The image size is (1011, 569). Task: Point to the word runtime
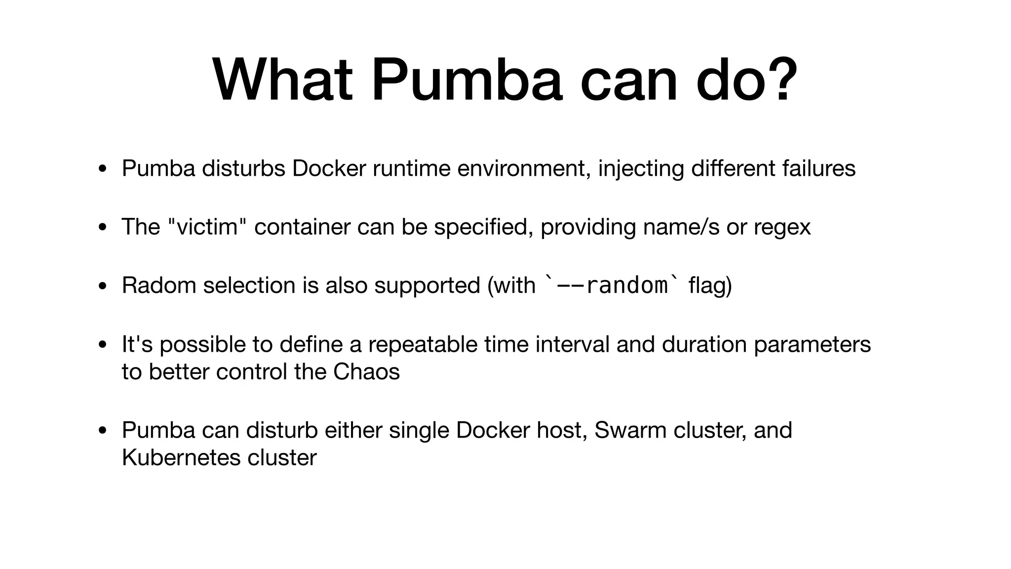tap(412, 168)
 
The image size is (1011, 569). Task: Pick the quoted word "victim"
tap(207, 227)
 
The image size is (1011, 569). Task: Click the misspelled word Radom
tap(159, 285)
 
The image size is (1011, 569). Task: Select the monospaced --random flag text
tap(612, 285)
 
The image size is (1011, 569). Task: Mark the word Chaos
tap(366, 372)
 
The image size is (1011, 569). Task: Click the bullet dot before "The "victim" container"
tap(102, 228)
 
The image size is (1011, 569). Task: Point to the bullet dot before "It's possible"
tap(102, 345)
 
